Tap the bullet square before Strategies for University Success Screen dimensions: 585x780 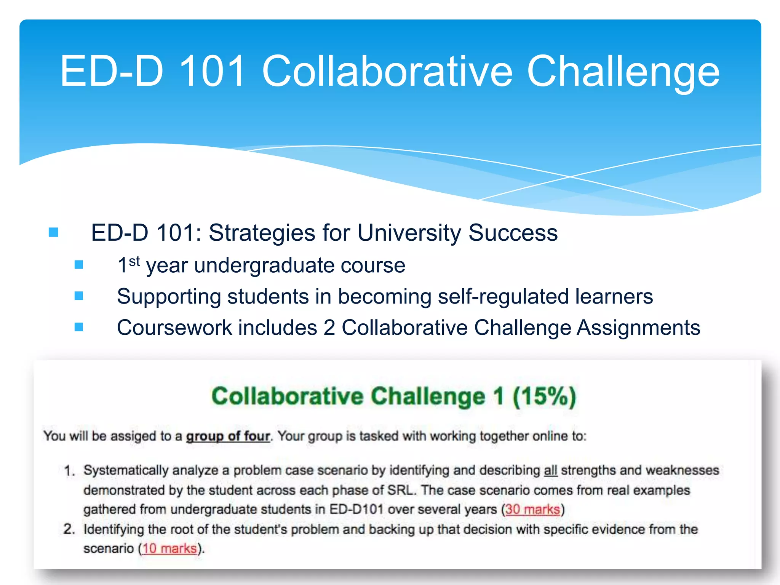(x=54, y=232)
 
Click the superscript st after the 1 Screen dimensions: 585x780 (x=134, y=261)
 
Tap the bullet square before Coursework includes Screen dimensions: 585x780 (x=79, y=327)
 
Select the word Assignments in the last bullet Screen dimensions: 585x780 (x=638, y=328)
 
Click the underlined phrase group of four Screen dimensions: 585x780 (x=228, y=436)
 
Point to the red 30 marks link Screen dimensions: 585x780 (x=532, y=510)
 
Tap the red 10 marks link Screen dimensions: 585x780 (x=169, y=548)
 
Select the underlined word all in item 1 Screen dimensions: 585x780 (x=550, y=470)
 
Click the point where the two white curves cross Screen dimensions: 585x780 (x=570, y=177)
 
